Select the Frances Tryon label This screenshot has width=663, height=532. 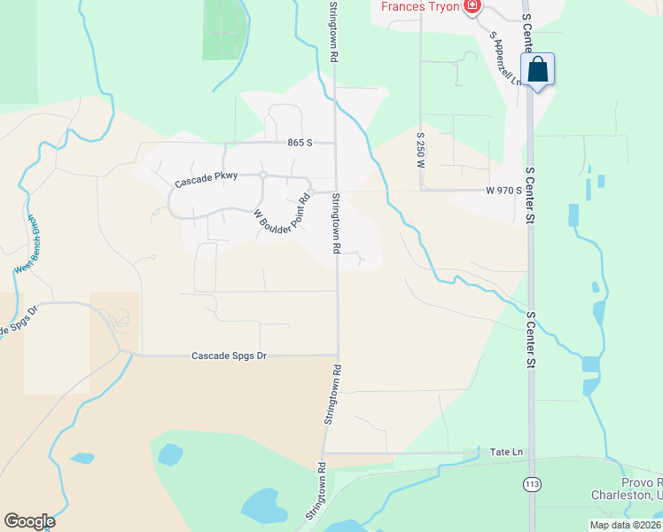click(422, 6)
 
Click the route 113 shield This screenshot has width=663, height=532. click(532, 483)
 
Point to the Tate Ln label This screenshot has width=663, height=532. click(506, 452)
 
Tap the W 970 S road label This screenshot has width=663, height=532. click(502, 191)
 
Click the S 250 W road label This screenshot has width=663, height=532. click(421, 146)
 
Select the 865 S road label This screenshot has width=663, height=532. click(301, 142)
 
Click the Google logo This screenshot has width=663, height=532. click(29, 521)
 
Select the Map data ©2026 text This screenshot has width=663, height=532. click(625, 525)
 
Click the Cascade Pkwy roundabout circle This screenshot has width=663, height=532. click(263, 175)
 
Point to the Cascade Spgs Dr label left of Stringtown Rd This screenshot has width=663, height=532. click(229, 356)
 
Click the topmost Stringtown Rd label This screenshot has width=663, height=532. click(333, 31)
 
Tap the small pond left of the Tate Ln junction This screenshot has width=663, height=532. click(168, 455)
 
